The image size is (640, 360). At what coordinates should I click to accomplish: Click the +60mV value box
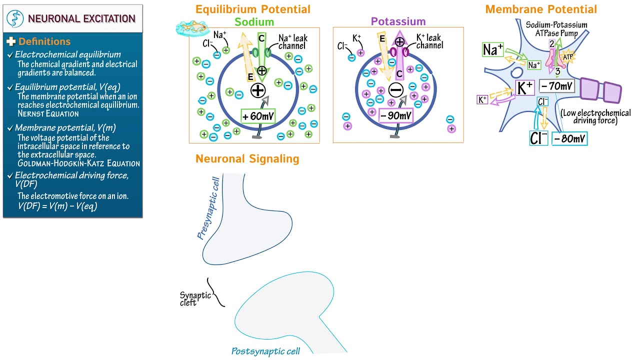point(258,116)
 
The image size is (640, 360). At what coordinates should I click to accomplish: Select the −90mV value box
point(395,116)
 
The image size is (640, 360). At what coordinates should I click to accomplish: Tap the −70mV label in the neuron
point(556,86)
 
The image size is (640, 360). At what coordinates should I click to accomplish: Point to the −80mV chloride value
point(569,138)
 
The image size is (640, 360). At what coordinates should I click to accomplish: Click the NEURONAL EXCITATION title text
point(81,19)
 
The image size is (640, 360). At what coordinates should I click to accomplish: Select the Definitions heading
point(44,42)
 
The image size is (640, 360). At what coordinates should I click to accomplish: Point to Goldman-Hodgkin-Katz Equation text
point(78,163)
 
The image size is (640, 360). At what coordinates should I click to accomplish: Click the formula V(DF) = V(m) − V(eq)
point(57,205)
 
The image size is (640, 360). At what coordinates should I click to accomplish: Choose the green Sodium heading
point(254,21)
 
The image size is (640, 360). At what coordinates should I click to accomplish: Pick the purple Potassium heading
point(398,21)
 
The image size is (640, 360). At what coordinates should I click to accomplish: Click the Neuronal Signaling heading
point(247,159)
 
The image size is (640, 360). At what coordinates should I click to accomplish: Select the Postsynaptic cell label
point(265,351)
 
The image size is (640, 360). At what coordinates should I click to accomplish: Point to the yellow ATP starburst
point(567,57)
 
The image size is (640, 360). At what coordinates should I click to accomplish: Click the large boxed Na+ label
point(492,50)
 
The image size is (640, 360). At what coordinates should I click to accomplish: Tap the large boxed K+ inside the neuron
point(525,88)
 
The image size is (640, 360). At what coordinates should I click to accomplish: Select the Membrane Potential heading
point(541,9)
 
